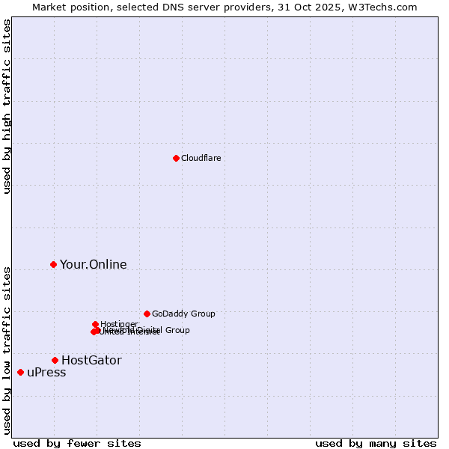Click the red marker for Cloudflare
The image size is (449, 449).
(x=176, y=158)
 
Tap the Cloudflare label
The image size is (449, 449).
(x=201, y=158)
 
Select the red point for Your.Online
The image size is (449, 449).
(x=53, y=264)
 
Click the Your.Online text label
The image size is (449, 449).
(x=94, y=264)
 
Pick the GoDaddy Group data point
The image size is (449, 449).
(x=147, y=314)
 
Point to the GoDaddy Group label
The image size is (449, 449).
(x=183, y=314)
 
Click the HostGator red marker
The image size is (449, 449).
(x=55, y=360)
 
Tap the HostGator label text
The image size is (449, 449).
(x=91, y=360)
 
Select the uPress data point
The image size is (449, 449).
(x=20, y=372)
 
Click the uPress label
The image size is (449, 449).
(x=46, y=373)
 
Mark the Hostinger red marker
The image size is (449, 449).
(x=95, y=324)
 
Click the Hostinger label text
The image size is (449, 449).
(x=120, y=324)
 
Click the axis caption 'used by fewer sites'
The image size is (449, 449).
(x=77, y=443)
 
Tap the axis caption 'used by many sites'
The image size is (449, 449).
(x=376, y=443)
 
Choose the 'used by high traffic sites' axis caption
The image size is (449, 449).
(x=7, y=106)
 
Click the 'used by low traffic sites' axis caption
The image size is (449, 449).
(x=7, y=349)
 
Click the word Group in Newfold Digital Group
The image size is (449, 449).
(x=177, y=330)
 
